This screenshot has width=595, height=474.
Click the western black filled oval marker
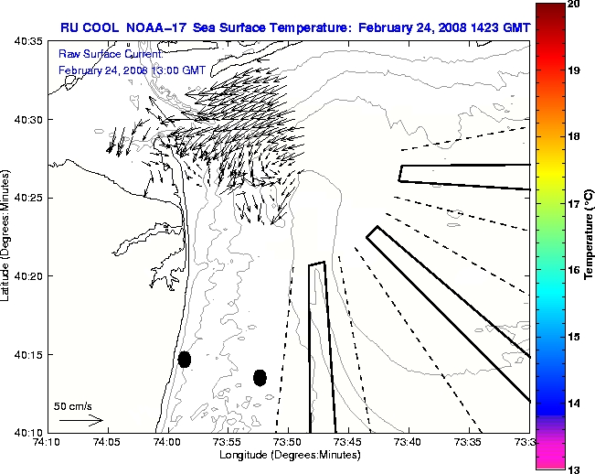[185, 359]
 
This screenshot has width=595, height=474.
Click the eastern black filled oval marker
[260, 377]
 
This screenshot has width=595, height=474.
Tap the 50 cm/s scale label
[73, 405]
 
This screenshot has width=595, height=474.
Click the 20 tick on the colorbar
[575, 5]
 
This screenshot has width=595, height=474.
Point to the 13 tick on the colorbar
[575, 469]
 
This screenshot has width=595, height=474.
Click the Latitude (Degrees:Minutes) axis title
[6, 236]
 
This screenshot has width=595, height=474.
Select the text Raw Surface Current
[99, 55]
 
